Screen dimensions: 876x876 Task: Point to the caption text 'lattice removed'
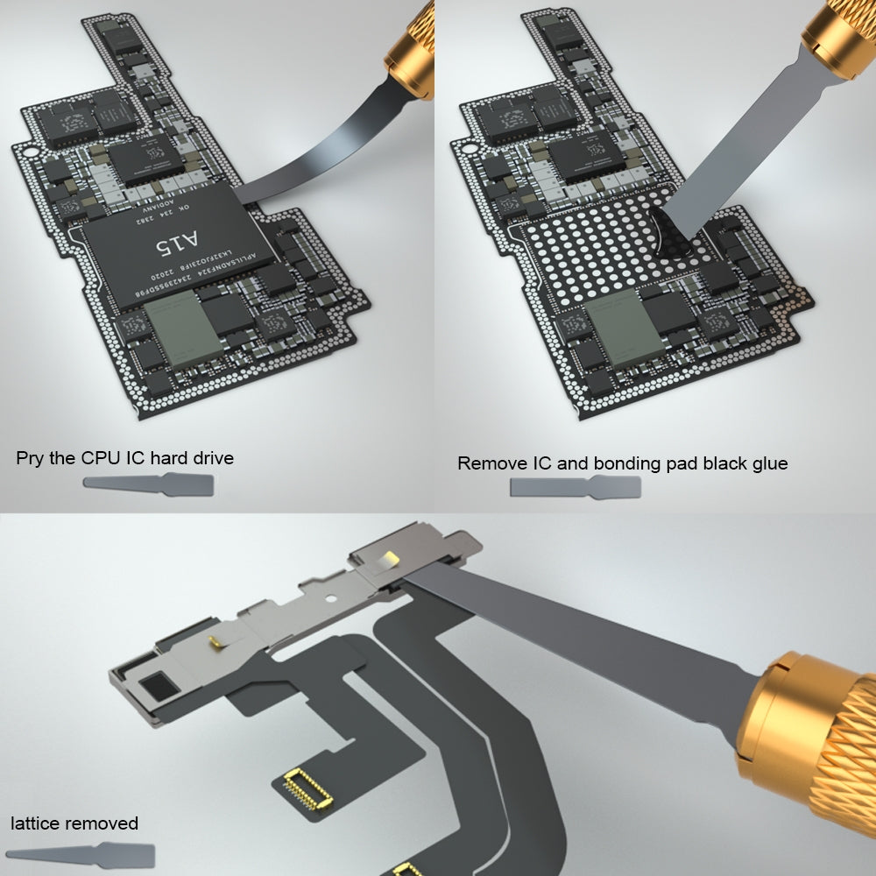tap(74, 823)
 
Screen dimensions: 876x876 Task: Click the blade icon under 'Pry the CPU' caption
tap(148, 483)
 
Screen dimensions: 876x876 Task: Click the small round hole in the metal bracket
tap(330, 603)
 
